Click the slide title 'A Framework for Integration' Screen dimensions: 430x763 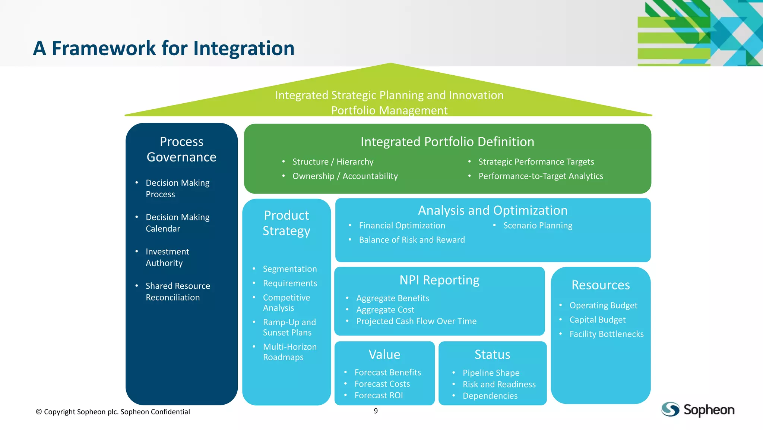[164, 48]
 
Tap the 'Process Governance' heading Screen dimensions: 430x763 [181, 149]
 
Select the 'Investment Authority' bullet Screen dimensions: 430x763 [167, 257]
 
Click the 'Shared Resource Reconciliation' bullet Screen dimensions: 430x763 [177, 292]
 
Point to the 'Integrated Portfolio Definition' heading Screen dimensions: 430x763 [447, 142]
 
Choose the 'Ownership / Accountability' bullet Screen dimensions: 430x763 [345, 176]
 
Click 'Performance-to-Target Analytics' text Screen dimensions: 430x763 [541, 176]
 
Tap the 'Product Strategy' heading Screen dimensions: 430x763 [286, 223]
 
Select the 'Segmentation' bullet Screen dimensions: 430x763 [289, 269]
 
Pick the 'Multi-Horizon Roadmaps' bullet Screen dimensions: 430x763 [289, 352]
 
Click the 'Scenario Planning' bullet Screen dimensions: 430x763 [538, 226]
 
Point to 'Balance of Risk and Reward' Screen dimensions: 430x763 [412, 240]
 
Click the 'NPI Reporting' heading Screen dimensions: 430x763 [439, 280]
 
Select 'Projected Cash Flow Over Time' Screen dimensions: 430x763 [416, 321]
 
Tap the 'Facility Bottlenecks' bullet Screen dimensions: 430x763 [606, 334]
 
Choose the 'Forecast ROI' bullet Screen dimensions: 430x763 [379, 395]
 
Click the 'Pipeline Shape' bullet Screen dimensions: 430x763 [491, 373]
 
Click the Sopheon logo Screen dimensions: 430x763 [697, 409]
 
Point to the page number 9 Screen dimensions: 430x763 [376, 411]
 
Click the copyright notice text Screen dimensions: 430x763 [113, 412]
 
